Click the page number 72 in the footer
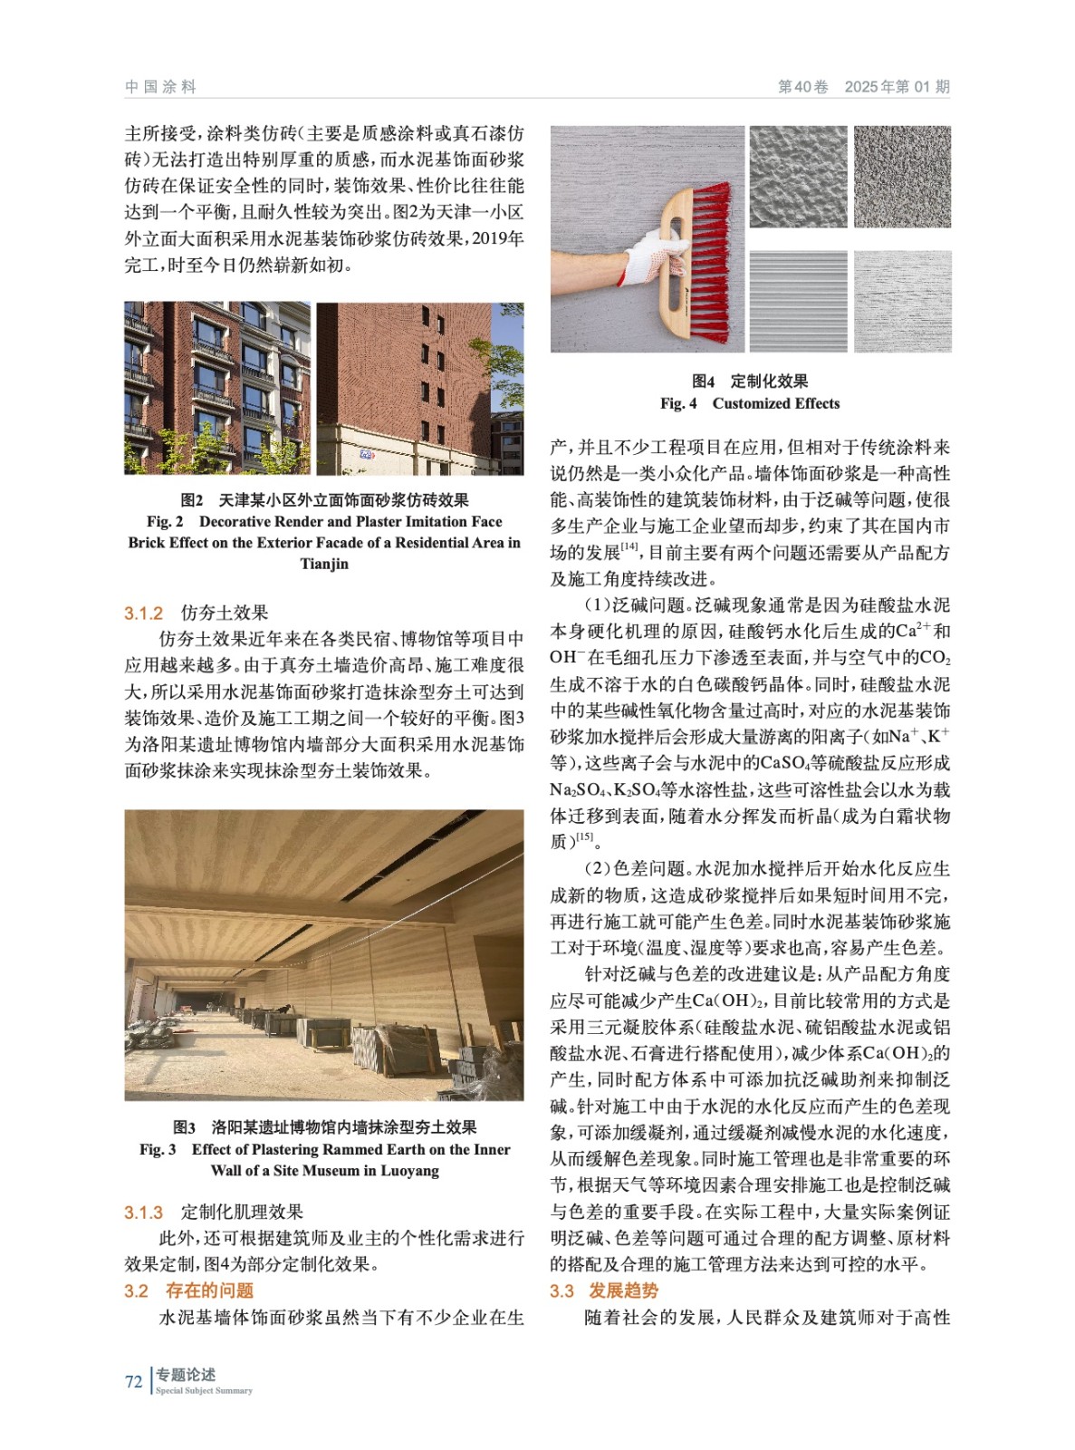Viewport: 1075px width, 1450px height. tap(133, 1381)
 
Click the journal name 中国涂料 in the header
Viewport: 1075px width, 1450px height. tap(160, 87)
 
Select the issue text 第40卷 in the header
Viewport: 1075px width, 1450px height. tap(803, 87)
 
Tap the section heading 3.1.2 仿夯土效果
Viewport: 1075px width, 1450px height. tap(197, 613)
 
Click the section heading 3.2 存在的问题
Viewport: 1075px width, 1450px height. tap(189, 1290)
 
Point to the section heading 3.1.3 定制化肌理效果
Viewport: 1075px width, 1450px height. tap(214, 1212)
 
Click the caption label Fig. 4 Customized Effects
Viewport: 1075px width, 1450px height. tap(750, 403)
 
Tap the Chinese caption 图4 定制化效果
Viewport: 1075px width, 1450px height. tap(750, 382)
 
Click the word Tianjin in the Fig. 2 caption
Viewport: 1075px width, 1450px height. tap(324, 564)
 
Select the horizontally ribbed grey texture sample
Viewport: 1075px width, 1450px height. tap(799, 300)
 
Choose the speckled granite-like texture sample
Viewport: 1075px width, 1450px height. tap(902, 178)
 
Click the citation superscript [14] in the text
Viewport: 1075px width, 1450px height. tap(630, 546)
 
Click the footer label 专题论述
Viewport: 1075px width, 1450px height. tap(186, 1375)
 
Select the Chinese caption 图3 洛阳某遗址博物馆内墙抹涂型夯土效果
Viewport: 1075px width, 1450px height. tap(324, 1127)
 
